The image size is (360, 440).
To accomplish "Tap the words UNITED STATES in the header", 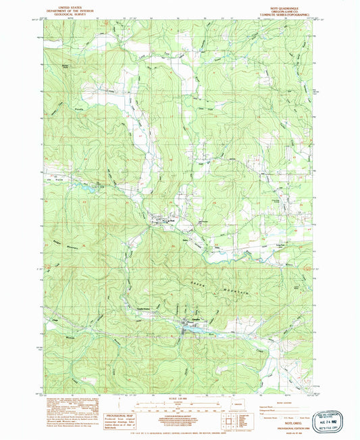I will coord(59,5).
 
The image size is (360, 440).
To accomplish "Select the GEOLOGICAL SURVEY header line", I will coord(59,11).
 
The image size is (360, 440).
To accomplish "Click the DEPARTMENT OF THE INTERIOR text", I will coord(59,8).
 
